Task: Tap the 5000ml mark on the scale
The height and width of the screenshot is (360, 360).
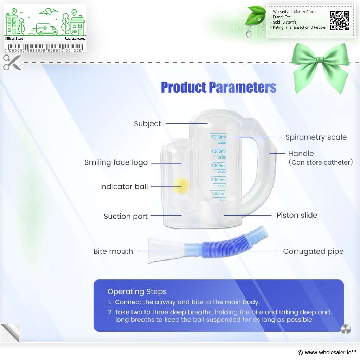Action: [x=218, y=137]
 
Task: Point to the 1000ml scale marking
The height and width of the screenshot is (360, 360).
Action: [x=218, y=194]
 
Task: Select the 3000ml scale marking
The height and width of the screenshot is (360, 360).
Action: [x=218, y=166]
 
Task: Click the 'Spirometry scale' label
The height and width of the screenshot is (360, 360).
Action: [x=316, y=137]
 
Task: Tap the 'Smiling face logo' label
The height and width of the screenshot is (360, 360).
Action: [x=116, y=162]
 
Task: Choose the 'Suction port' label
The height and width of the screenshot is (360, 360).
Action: [x=126, y=216]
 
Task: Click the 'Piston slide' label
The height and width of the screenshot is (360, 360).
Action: [x=297, y=215]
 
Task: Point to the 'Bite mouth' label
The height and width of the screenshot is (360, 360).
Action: [x=113, y=251]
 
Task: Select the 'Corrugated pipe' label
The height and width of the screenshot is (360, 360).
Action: [x=313, y=251]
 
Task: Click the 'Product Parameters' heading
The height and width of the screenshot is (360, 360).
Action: [x=219, y=87]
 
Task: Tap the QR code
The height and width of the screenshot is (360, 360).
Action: [x=340, y=20]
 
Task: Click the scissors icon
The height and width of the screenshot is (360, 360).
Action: [x=12, y=62]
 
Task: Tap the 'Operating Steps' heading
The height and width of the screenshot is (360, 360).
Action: [x=137, y=291]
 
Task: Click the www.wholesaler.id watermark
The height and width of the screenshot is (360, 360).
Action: [x=327, y=352]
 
